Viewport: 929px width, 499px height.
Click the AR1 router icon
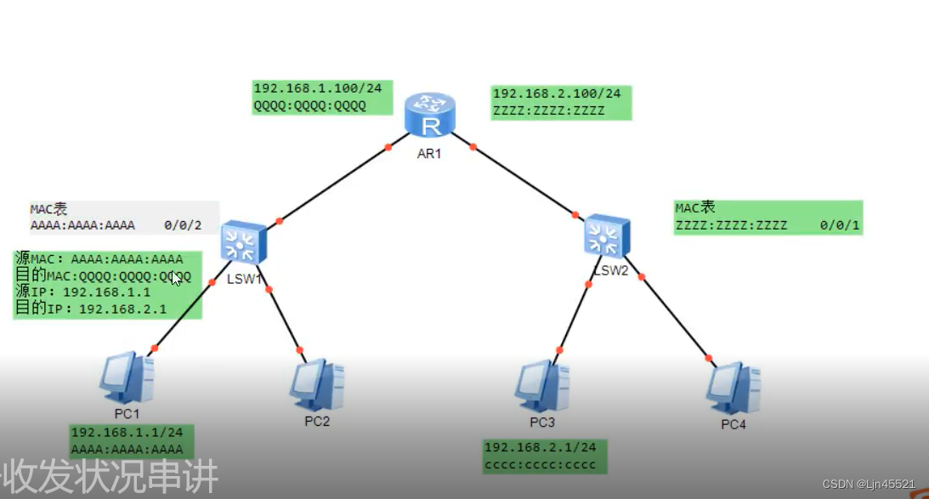pyautogui.click(x=431, y=116)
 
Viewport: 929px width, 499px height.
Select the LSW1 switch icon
pyautogui.click(x=244, y=242)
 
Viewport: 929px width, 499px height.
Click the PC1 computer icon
pyautogui.click(x=127, y=379)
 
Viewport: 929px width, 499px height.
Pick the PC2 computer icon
pyautogui.click(x=316, y=384)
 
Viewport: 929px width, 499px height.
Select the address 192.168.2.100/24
pyautogui.click(x=557, y=94)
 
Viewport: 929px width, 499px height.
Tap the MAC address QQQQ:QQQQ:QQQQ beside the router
pyautogui.click(x=309, y=105)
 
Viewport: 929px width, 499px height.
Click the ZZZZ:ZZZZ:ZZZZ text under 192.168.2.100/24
pyautogui.click(x=548, y=111)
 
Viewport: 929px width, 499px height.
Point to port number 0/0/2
pyautogui.click(x=183, y=225)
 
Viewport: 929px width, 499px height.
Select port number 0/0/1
pyautogui.click(x=841, y=225)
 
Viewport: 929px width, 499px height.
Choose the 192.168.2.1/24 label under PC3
pyautogui.click(x=540, y=447)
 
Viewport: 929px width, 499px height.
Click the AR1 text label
pyautogui.click(x=428, y=154)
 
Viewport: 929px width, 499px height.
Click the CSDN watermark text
pyautogui.click(x=869, y=484)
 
